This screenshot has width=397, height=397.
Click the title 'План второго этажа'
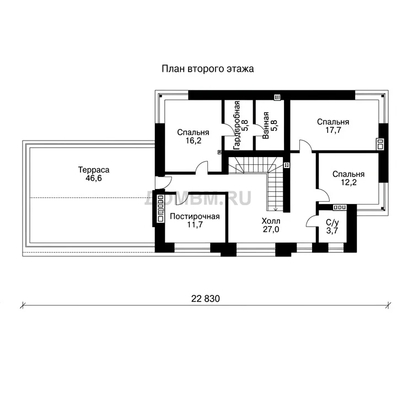click(x=208, y=69)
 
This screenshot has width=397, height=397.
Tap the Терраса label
click(x=94, y=170)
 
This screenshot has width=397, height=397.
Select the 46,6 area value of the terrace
click(x=94, y=178)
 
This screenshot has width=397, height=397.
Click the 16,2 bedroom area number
click(x=194, y=141)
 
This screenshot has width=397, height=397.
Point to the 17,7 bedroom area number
click(x=333, y=130)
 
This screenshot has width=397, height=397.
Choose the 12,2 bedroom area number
click(x=348, y=183)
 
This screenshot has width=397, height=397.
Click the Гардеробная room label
click(x=237, y=125)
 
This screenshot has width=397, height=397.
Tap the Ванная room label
click(x=265, y=125)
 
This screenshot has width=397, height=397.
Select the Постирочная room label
click(x=195, y=217)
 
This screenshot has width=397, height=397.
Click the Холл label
click(x=271, y=221)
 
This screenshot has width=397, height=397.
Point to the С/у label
click(x=332, y=223)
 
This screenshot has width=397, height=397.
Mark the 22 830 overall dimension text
click(x=205, y=299)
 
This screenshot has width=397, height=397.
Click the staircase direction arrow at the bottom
click(x=276, y=208)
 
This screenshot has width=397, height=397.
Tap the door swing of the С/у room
click(x=312, y=221)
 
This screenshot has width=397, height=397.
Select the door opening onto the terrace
click(x=164, y=183)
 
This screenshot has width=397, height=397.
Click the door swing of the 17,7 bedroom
click(x=305, y=146)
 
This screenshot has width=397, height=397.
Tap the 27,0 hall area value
click(x=271, y=229)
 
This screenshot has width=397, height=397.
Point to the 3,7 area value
click(x=332, y=231)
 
